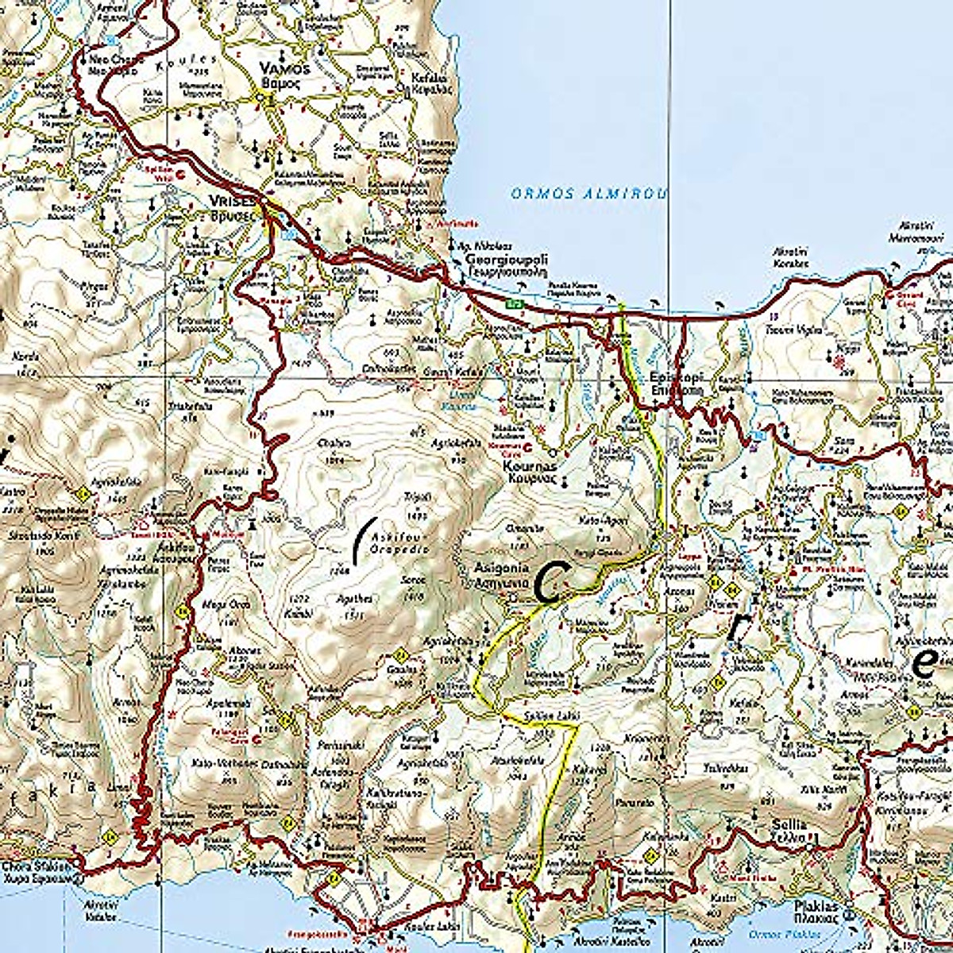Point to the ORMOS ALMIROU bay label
588,193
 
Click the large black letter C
549,582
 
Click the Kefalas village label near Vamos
430,83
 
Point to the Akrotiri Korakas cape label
791,257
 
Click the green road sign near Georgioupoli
516,303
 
